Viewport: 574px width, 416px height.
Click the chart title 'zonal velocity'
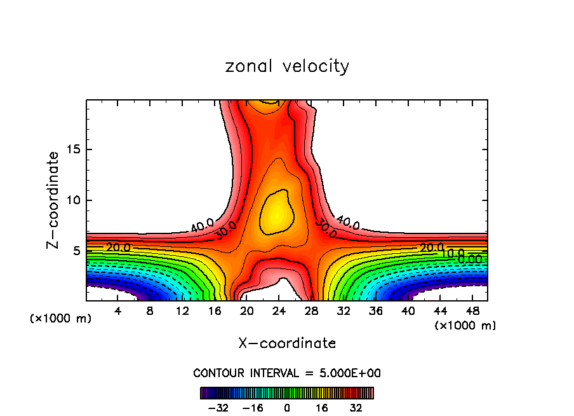tap(287, 67)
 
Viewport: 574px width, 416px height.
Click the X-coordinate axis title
tap(287, 343)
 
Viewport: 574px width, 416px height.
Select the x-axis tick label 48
tap(472, 311)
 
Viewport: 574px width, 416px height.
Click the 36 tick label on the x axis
tap(375, 311)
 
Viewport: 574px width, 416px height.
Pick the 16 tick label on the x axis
tap(215, 311)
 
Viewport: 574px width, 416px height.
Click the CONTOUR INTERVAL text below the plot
tap(287, 373)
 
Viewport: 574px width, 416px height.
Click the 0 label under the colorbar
tap(287, 408)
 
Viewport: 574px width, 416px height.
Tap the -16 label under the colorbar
tap(253, 408)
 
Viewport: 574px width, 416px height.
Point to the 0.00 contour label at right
tap(470, 258)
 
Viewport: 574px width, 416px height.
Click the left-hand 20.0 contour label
tap(118, 247)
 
